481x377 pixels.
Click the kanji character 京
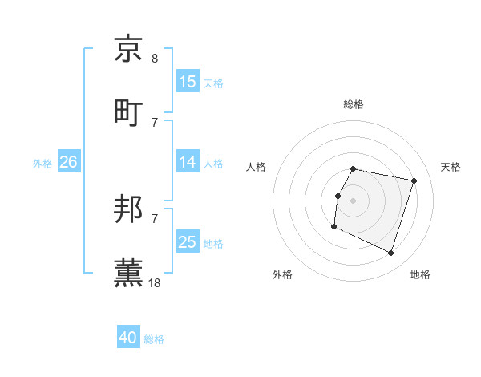[129, 49]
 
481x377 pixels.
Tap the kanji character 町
[129, 111]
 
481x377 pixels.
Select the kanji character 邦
[129, 210]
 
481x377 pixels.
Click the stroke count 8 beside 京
[155, 59]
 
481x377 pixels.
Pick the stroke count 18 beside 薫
[155, 282]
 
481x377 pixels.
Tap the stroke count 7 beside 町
[155, 121]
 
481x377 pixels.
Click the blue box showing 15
[188, 82]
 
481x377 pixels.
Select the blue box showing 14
[188, 162]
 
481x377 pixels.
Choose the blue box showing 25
[188, 242]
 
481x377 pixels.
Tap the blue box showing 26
[68, 162]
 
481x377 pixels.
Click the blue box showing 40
[128, 338]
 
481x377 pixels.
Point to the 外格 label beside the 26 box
[42, 164]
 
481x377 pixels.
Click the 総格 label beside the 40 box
[154, 339]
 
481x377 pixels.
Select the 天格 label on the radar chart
[451, 167]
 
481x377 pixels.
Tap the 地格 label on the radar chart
[420, 274]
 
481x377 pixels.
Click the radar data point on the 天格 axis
[414, 181]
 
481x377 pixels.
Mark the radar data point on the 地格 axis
[390, 253]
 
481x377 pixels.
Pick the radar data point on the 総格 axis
[353, 169]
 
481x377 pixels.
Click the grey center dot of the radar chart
[353, 200]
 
